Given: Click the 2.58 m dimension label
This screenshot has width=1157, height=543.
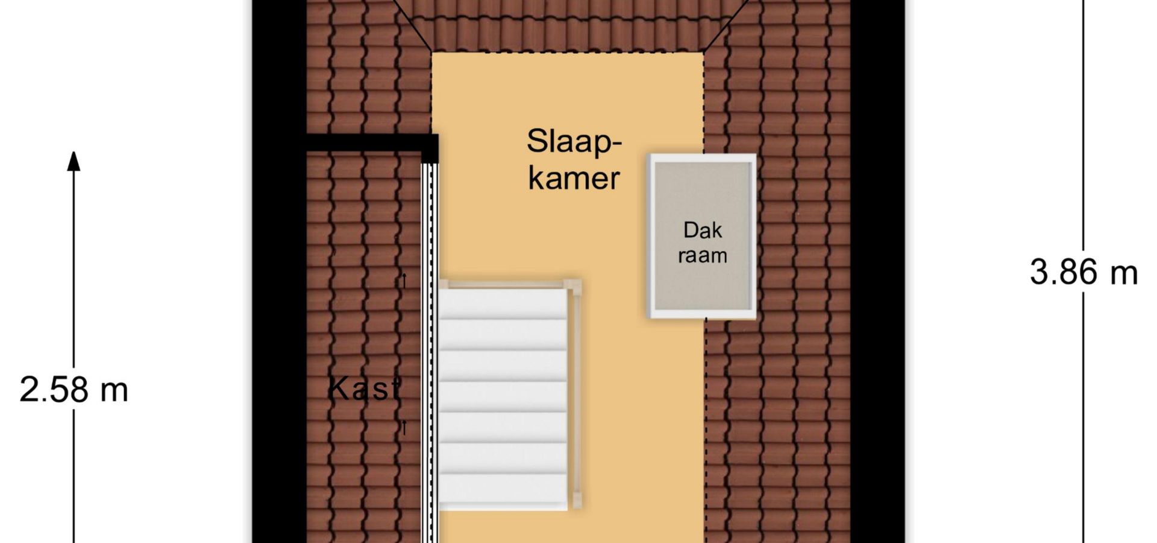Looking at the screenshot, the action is pyautogui.click(x=74, y=390).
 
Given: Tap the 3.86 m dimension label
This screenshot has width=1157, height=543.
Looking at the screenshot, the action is pyautogui.click(x=1083, y=272).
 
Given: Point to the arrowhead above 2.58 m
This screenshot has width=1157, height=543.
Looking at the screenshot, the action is pyautogui.click(x=74, y=160).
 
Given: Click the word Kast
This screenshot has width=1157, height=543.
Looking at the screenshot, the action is pyautogui.click(x=364, y=389).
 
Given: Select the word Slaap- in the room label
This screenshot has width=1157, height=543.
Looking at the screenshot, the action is pyautogui.click(x=574, y=142).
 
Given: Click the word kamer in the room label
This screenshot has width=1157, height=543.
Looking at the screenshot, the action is pyautogui.click(x=574, y=178).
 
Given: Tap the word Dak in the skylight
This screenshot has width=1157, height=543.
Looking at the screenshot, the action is pyautogui.click(x=703, y=230).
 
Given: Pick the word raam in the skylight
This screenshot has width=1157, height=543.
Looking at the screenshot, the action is pyautogui.click(x=703, y=255).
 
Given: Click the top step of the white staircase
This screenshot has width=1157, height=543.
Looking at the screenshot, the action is pyautogui.click(x=503, y=303).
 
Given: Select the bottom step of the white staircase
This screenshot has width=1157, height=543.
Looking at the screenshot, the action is pyautogui.click(x=503, y=492).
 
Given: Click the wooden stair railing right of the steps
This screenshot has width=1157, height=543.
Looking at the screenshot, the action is pyautogui.click(x=575, y=395).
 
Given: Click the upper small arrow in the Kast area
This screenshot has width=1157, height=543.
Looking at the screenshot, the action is pyautogui.click(x=404, y=281).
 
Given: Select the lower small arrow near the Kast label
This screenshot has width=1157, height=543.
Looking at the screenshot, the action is pyautogui.click(x=404, y=428).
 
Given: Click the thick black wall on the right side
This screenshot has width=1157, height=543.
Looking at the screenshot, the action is pyautogui.click(x=877, y=271).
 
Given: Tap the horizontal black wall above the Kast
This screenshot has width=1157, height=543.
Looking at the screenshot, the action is pyautogui.click(x=372, y=142).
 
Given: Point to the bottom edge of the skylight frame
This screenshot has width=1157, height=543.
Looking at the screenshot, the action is pyautogui.click(x=701, y=314).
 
